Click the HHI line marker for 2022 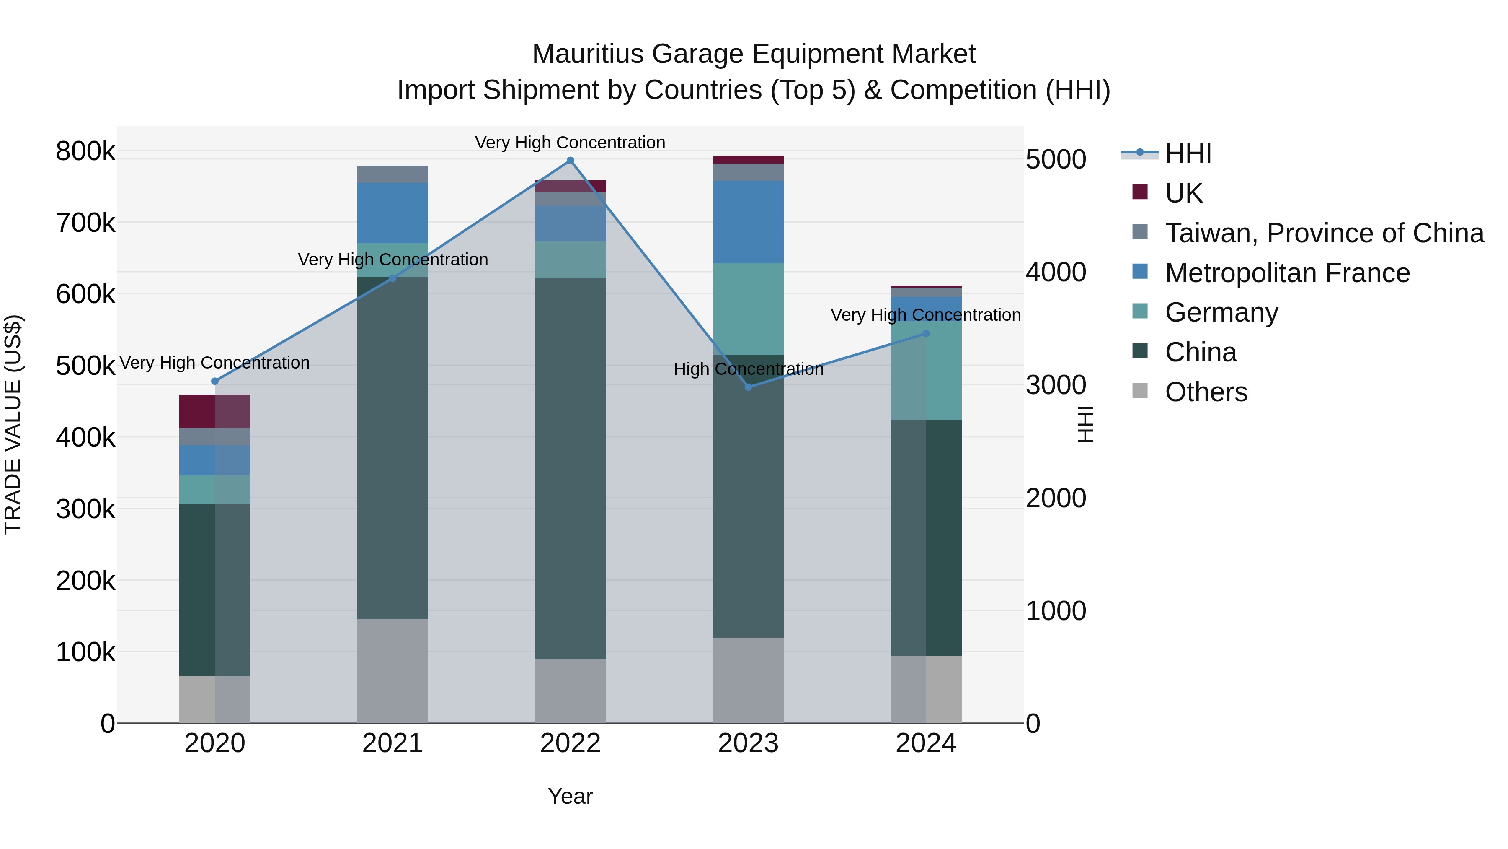tap(570, 161)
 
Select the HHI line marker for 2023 tap(748, 387)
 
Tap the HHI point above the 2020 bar tap(215, 382)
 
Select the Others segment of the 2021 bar tap(392, 671)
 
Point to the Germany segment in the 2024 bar tap(925, 370)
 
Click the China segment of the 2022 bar tap(570, 469)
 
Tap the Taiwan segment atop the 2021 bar tap(392, 174)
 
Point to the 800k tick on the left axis tap(85, 151)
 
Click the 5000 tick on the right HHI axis tap(1056, 159)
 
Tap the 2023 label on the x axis tap(748, 743)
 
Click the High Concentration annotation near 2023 tap(748, 369)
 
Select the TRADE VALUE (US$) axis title tap(13, 424)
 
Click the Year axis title tap(570, 796)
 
